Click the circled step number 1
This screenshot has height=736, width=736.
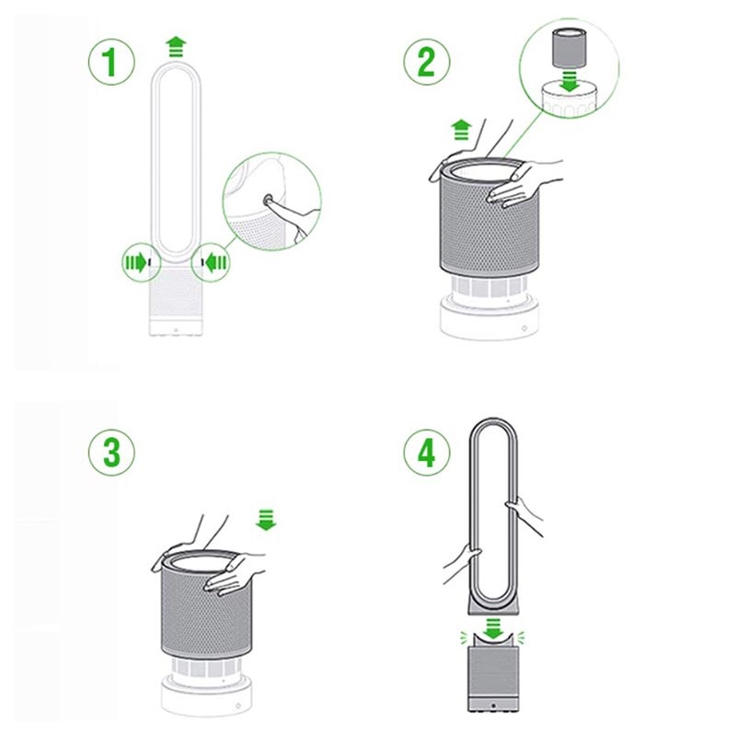click(111, 62)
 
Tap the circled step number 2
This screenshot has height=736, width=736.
click(427, 62)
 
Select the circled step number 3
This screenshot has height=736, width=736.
click(111, 453)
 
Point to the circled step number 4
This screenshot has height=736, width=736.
click(427, 453)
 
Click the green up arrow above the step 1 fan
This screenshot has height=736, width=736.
click(176, 46)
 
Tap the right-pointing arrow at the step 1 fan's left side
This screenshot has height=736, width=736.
click(136, 263)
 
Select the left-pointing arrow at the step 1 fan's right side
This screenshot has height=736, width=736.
click(216, 263)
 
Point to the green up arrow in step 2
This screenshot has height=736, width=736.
click(462, 130)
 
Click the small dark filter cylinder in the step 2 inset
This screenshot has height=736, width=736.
click(569, 48)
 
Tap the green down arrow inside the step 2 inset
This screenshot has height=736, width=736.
click(569, 81)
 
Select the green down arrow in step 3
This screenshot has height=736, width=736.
click(266, 520)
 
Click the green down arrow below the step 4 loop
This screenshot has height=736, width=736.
click(493, 629)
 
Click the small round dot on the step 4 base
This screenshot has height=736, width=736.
click(493, 706)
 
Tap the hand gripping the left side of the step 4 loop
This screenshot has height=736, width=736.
click(463, 563)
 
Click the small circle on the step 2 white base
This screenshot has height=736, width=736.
click(524, 328)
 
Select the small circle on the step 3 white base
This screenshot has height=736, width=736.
click(238, 706)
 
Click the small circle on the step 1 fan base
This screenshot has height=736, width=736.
click(176, 330)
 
